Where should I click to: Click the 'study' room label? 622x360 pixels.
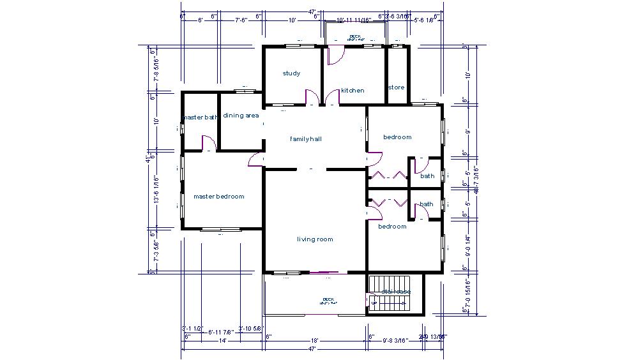[291, 73]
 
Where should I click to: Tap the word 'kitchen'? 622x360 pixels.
[353, 91]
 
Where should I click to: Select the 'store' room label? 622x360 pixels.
[396, 87]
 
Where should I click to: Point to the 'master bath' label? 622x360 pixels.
[201, 117]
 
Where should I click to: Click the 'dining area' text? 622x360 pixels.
[241, 116]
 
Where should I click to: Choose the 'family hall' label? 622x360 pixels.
[306, 139]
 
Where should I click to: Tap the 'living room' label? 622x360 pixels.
[315, 239]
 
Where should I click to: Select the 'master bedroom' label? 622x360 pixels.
[219, 197]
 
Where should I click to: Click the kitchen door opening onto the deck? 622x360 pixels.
[334, 56]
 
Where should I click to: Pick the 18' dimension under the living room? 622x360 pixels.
[315, 341]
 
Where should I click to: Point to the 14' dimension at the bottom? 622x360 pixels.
[224, 341]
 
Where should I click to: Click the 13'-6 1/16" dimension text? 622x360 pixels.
[156, 190]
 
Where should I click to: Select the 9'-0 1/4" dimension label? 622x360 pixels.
[468, 244]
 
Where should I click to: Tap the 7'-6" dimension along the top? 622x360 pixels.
[241, 20]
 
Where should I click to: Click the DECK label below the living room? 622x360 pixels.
[328, 300]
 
